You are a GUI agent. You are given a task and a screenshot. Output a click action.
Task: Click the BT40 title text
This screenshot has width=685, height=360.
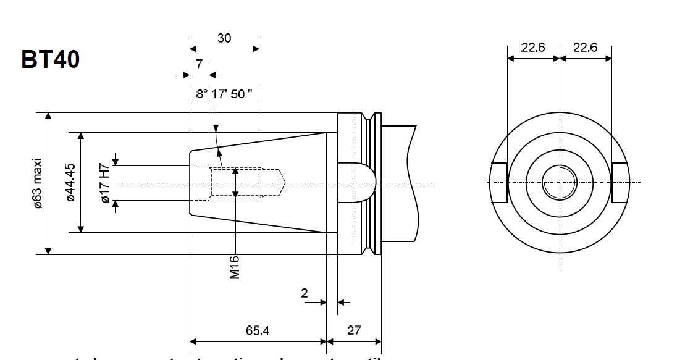coord(51,59)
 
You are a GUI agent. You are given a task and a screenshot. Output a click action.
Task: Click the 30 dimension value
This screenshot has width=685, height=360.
coord(224,38)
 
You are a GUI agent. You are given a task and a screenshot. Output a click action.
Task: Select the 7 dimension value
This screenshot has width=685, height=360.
coord(199,64)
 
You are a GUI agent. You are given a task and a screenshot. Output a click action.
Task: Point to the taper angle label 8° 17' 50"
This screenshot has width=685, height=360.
coord(224,94)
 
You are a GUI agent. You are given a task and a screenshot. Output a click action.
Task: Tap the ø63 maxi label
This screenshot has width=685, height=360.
coord(38,183)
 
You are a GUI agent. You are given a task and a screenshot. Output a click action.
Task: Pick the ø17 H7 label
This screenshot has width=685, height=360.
coord(104,183)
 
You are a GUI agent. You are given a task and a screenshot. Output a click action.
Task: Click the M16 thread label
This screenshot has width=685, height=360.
coord(235,267)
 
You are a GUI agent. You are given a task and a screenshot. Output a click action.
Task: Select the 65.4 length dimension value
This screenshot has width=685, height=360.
coord(257,330)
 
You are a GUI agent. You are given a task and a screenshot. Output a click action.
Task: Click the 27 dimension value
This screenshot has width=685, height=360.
coord(354,330)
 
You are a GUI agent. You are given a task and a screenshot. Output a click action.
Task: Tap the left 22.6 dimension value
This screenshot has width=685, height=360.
coord(532,48)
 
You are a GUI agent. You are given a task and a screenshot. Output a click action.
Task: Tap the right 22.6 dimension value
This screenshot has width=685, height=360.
coord(585,48)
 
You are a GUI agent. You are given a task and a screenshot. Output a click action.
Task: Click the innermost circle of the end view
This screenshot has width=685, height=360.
coord(559,183)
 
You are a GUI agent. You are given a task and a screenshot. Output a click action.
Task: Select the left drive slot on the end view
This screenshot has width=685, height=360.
coord(499,183)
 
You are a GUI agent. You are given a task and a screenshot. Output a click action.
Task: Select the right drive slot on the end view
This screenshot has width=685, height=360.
coord(620,183)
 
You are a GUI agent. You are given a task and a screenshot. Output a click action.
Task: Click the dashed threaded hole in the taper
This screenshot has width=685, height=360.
coord(246,182)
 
